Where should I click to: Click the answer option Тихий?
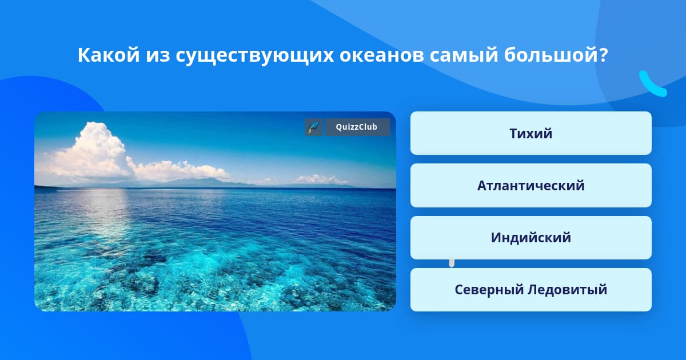tap(531, 133)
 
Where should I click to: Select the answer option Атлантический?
tap(531, 186)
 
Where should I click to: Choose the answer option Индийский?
tap(531, 238)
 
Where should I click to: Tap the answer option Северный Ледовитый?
tap(531, 290)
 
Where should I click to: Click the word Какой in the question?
tap(109, 55)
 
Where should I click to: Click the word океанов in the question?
tap(381, 56)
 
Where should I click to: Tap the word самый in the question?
tap(464, 56)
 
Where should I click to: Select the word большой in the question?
tap(551, 55)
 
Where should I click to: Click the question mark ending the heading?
tap(603, 55)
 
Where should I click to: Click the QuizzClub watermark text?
tap(357, 127)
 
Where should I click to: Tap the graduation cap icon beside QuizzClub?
tap(314, 127)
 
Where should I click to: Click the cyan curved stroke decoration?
tap(652, 85)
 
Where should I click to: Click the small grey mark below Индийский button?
tap(452, 263)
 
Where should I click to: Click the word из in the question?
tap(158, 56)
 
